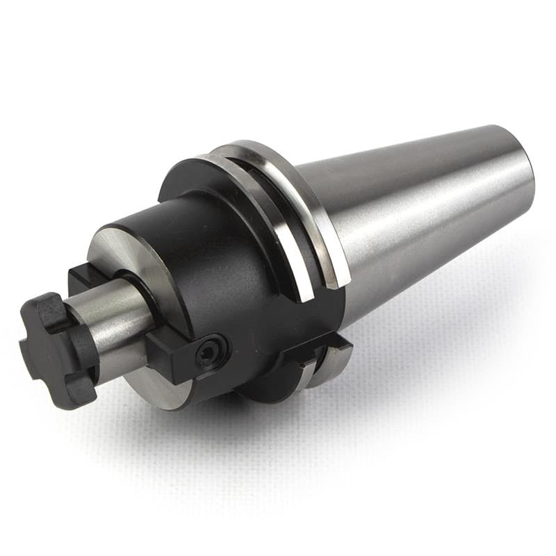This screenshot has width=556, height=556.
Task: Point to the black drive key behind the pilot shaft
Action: tap(86, 274)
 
